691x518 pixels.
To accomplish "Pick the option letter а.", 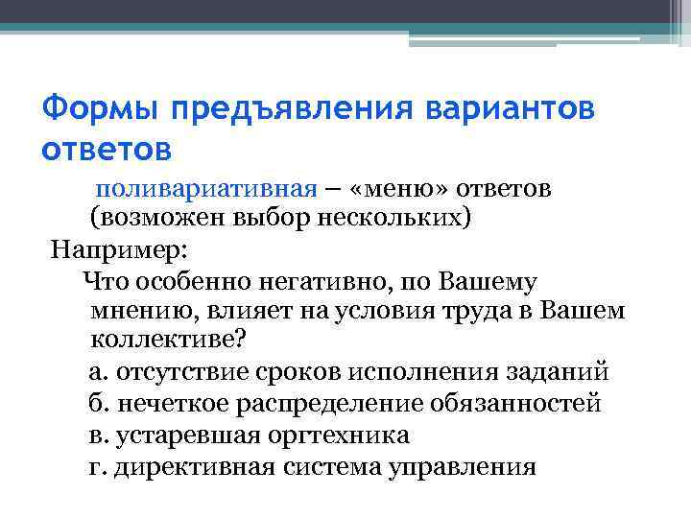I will click(x=94, y=373).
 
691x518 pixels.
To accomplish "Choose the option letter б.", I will click(x=94, y=403).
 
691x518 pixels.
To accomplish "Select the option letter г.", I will click(x=92, y=467).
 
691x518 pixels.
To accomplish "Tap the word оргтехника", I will click(x=337, y=436).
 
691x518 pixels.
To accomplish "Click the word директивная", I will click(x=191, y=467).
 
